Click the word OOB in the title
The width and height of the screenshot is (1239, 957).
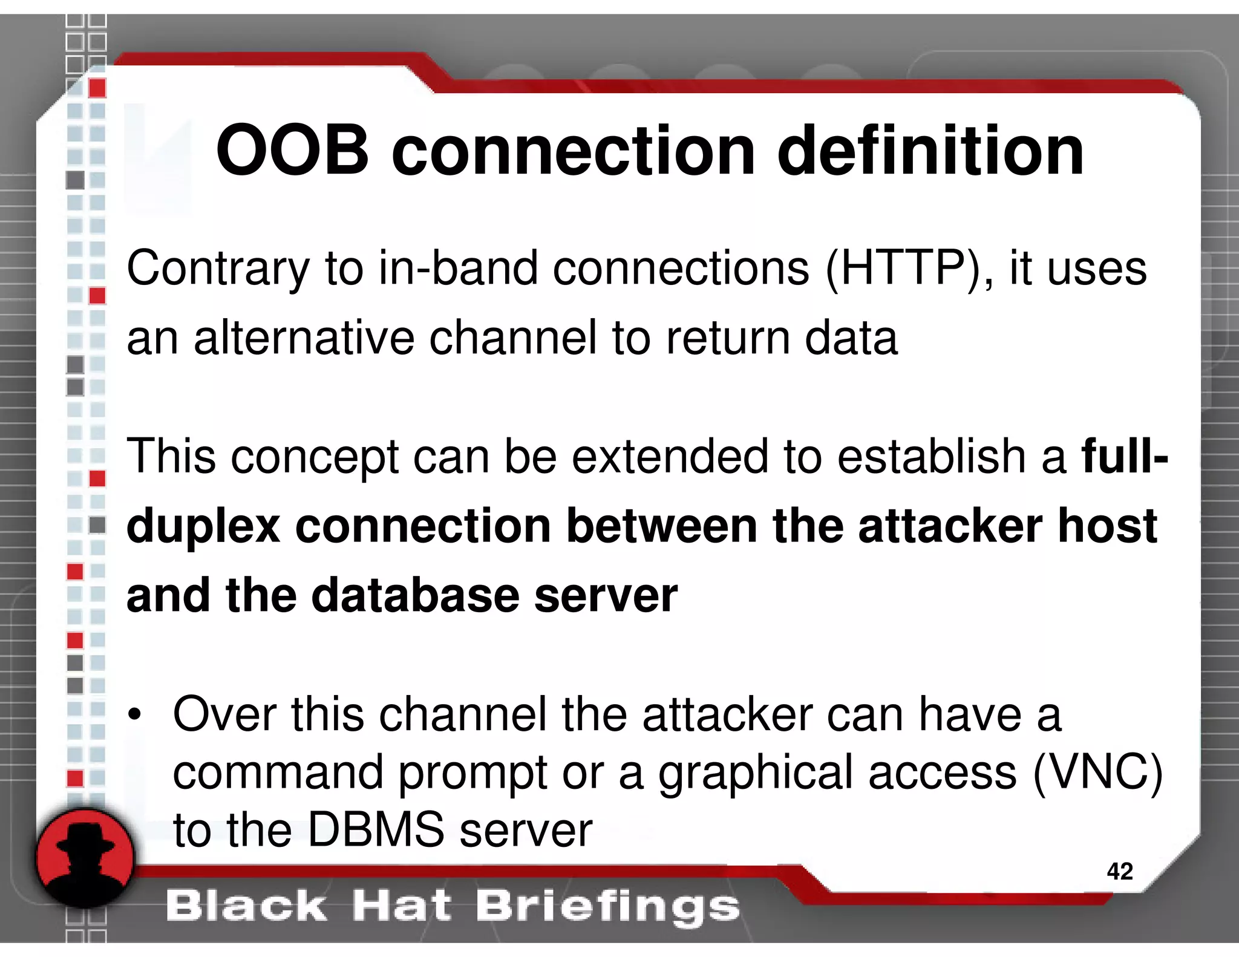point(292,151)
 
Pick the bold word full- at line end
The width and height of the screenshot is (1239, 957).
point(1125,456)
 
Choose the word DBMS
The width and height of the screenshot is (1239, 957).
point(376,830)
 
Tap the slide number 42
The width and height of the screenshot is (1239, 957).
point(1119,872)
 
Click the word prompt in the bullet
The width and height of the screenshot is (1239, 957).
point(473,774)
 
